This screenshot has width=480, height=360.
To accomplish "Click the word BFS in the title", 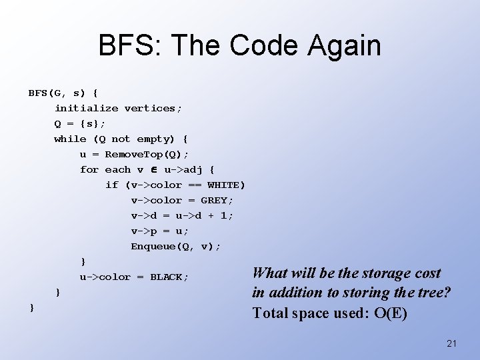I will pos(129,46).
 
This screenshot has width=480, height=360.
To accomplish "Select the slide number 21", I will pos(451,343).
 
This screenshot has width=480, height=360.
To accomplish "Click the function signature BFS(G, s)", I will pos(59,92).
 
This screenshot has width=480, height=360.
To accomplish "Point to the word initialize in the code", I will pos(87,108).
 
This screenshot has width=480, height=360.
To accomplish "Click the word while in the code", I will pos(70,139).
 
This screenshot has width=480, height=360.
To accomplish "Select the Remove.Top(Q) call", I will pos(143,154).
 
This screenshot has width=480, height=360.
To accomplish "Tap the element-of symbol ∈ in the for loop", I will pos(154,169).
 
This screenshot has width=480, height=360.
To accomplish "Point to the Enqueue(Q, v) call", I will pos(175,246).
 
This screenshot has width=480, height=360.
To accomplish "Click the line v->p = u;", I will pos(160,231).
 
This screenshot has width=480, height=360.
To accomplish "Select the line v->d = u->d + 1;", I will pos(182,215).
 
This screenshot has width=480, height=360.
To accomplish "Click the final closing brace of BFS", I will pos(31,307).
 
